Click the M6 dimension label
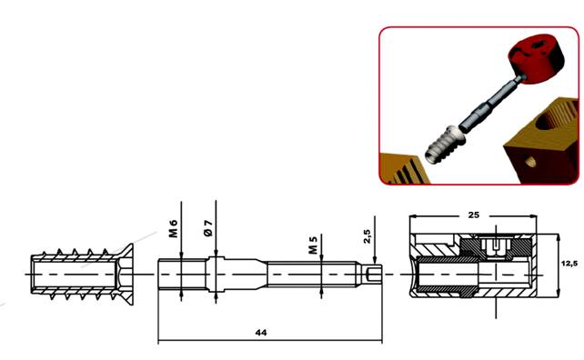tap(174, 228)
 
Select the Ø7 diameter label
tap(208, 228)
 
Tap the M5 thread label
tap(313, 245)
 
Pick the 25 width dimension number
tap(473, 215)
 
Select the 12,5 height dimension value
tap(569, 264)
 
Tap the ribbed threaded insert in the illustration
tap(446, 145)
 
